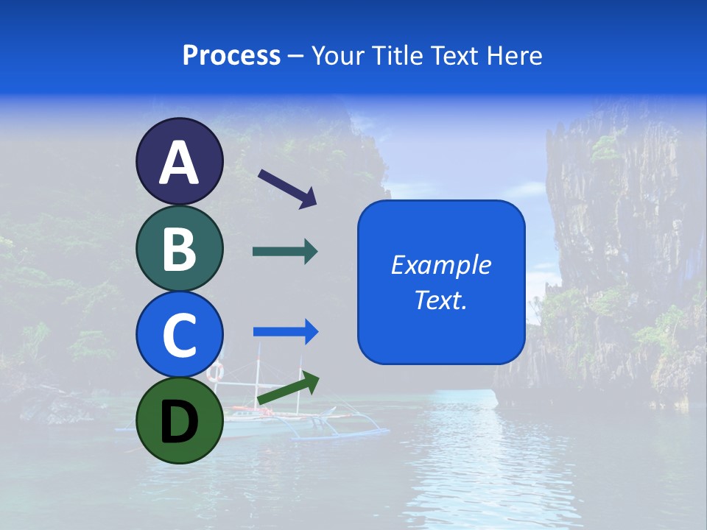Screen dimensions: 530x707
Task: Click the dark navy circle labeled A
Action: pos(179,161)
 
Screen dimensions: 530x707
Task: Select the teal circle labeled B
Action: pos(179,248)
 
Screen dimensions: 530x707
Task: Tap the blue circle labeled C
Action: pos(179,334)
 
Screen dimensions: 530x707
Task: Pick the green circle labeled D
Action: pos(179,420)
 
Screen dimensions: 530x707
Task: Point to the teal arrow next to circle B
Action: pos(285,252)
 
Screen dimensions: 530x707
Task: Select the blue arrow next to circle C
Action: pos(286,332)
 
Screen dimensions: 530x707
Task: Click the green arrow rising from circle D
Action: pos(288,388)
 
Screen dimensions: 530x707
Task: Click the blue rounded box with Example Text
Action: pos(441,282)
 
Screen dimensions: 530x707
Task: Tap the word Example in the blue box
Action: pos(441,265)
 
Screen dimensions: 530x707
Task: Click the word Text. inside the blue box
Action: pos(441,300)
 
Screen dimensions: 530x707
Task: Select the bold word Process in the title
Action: pos(231,55)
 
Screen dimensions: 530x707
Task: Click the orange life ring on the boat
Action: pos(215,372)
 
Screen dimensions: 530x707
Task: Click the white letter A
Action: pos(179,162)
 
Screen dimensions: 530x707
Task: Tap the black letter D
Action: pos(179,422)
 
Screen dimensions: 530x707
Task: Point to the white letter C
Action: pos(179,335)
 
